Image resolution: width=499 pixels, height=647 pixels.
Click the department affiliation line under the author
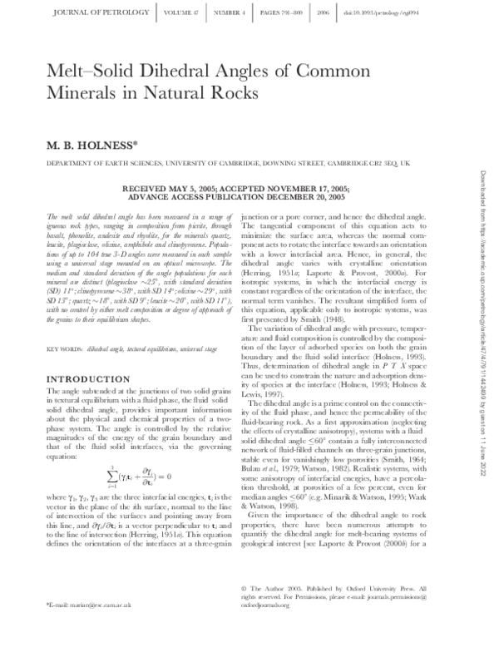point(215,165)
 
